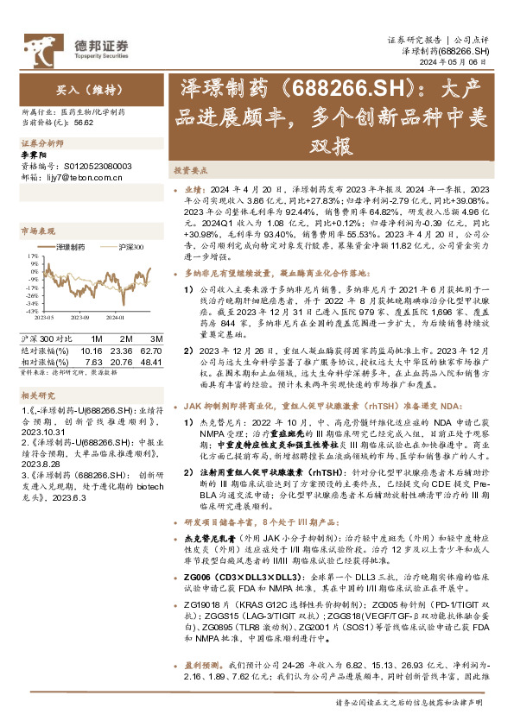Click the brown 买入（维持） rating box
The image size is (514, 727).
coord(85,88)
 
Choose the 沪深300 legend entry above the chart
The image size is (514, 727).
coord(128,247)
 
